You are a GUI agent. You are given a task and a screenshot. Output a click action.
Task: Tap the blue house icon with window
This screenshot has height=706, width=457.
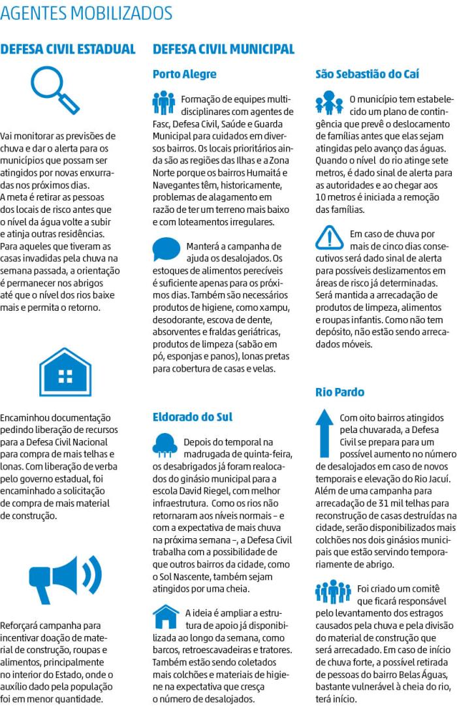click(65, 373)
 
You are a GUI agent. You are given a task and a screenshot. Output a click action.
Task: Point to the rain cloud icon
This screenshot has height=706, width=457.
click(165, 444)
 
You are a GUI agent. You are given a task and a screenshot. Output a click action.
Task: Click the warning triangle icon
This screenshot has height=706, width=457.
click(328, 238)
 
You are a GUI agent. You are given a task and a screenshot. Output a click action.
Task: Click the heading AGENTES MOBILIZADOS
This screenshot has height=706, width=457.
click(87, 13)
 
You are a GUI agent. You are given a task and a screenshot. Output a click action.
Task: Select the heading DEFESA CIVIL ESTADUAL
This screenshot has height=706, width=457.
click(68, 49)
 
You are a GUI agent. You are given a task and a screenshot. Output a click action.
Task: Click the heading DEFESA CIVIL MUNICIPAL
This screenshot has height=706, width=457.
click(223, 49)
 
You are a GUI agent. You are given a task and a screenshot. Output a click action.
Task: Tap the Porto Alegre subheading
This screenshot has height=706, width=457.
click(184, 74)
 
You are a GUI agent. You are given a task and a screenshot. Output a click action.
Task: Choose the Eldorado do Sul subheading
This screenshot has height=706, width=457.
click(192, 417)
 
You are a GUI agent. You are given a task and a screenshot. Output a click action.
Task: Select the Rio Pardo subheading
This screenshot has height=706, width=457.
click(339, 393)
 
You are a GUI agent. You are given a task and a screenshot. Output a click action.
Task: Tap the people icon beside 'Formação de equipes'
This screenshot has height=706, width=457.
click(164, 103)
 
